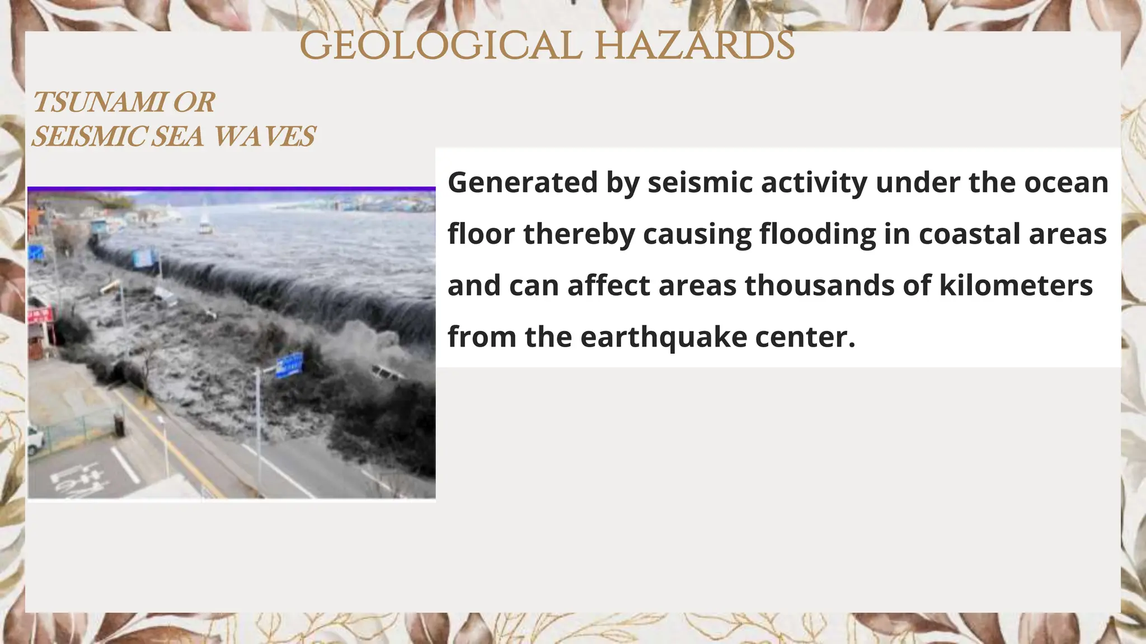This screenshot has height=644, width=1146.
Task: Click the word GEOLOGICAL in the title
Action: pos(440,46)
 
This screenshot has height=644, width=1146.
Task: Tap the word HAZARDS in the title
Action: pos(694,46)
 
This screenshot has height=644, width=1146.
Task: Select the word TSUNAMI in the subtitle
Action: pos(100,102)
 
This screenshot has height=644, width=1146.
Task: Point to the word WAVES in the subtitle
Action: pos(265,136)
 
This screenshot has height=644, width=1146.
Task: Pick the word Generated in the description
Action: pos(523,183)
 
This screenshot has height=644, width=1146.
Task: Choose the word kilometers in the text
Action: pos(1016,285)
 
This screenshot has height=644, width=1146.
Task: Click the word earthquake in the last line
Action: pos(664,337)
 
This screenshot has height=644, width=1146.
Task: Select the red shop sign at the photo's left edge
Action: pos(41,315)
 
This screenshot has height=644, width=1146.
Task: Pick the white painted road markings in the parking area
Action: pos(78,479)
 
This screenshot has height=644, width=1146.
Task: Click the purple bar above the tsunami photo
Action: pos(231,189)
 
